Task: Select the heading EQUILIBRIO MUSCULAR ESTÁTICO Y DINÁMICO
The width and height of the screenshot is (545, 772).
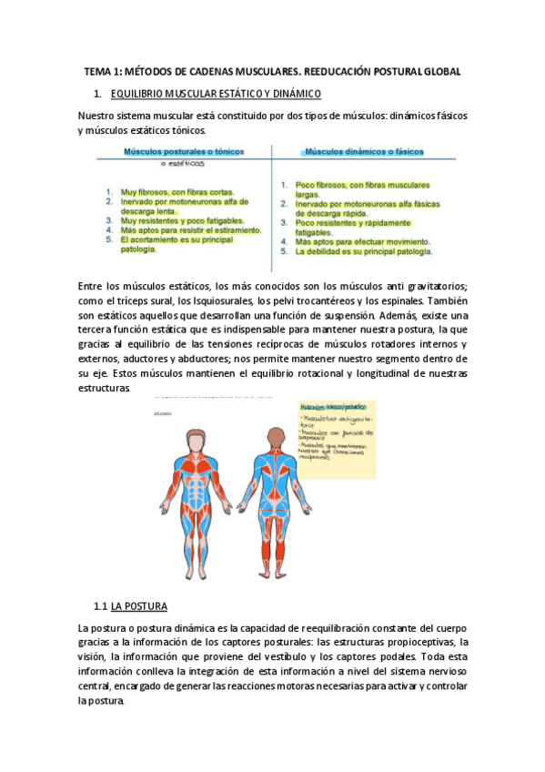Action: coord(215,95)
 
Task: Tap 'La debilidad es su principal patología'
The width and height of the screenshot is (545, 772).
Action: coord(364,251)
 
